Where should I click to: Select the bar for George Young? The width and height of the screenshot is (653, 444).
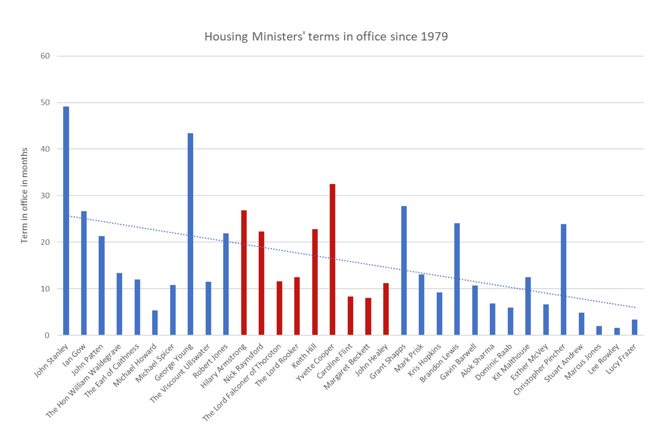coord(190,234)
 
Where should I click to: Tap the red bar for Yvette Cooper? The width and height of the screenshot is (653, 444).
coord(332,259)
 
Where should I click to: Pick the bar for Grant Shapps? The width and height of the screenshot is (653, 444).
coord(404,270)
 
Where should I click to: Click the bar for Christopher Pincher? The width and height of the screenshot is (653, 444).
coord(563,279)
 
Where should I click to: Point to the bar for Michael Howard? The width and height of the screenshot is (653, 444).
coord(155,323)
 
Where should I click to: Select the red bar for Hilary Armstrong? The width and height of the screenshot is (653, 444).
coord(244,272)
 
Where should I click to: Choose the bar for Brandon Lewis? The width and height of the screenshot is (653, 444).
coord(457,279)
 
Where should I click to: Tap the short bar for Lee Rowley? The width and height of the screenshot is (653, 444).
coord(617,331)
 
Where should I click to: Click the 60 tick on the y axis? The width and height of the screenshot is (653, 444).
coord(45,56)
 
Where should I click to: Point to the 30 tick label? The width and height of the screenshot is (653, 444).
coord(45,195)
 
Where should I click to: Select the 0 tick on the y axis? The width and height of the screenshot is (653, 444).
coord(47,335)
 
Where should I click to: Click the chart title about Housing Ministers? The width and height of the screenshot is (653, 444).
coord(326,36)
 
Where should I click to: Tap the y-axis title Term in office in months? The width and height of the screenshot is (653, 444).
coord(24,195)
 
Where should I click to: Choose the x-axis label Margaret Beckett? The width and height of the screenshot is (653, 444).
coord(347,367)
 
